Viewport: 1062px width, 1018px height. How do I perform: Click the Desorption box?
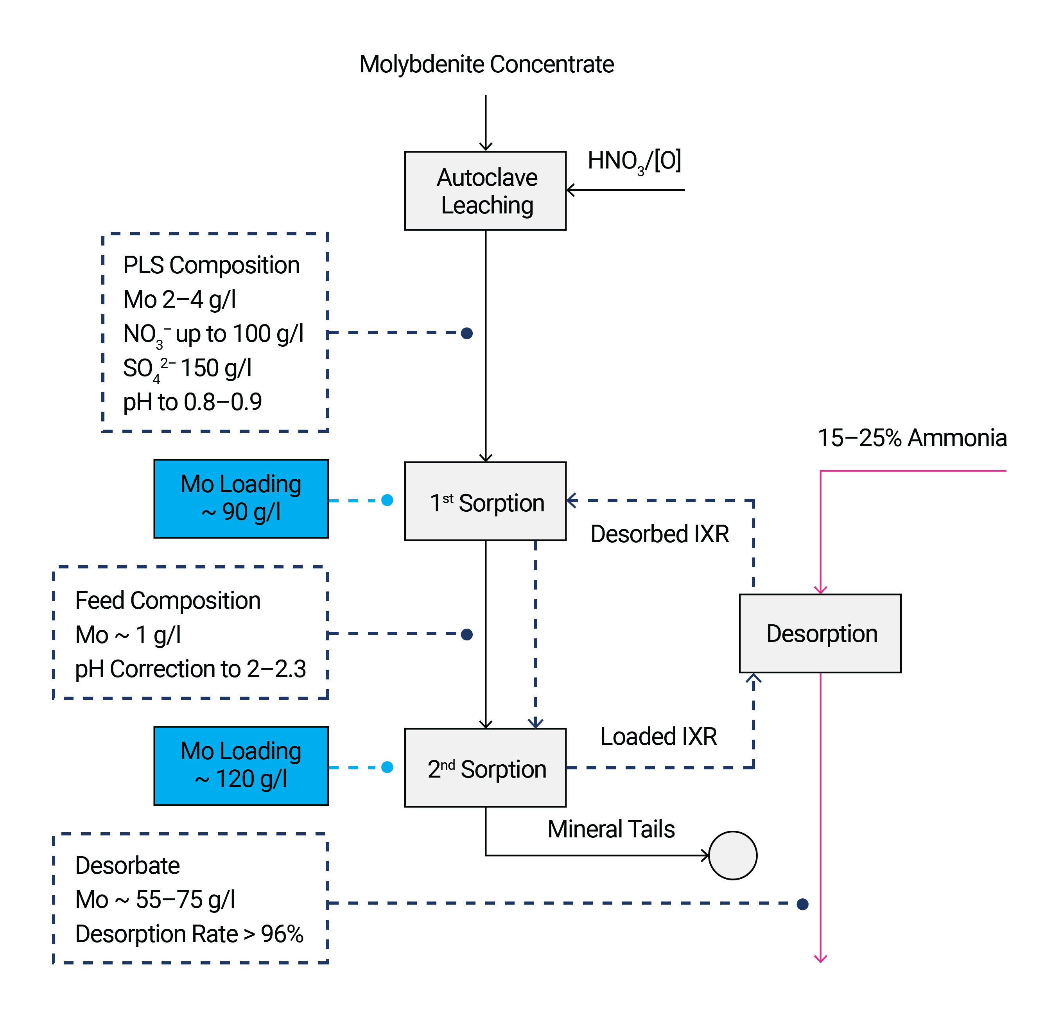(x=820, y=633)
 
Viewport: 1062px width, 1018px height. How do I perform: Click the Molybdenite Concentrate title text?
(x=486, y=65)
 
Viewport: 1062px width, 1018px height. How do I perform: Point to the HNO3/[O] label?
(x=634, y=161)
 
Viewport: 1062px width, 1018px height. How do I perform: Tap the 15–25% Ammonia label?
(x=911, y=438)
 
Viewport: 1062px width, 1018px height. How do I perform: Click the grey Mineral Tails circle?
(x=732, y=855)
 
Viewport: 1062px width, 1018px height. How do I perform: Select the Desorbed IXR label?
(x=659, y=534)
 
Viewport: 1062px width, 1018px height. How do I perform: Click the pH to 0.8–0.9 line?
(x=192, y=402)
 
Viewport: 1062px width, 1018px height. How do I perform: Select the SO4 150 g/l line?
(x=187, y=368)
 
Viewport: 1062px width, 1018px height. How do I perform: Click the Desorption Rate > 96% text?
(x=189, y=934)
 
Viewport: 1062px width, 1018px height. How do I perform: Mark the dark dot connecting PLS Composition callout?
(x=466, y=333)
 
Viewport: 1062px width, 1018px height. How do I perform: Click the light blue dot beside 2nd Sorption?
(x=387, y=767)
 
